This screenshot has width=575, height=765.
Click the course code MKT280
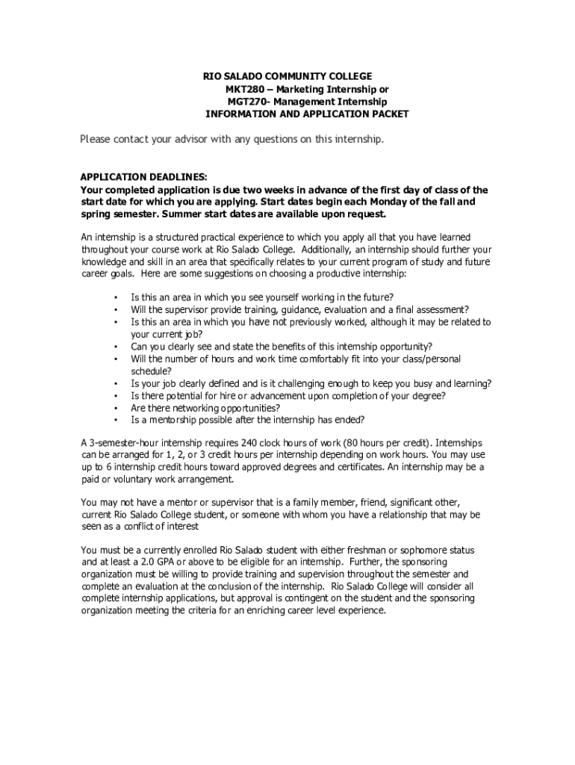[x=243, y=89]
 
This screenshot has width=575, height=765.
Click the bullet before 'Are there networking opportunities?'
[x=116, y=408]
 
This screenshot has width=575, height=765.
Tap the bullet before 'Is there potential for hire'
[x=116, y=396]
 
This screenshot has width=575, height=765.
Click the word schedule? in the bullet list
[x=152, y=371]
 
